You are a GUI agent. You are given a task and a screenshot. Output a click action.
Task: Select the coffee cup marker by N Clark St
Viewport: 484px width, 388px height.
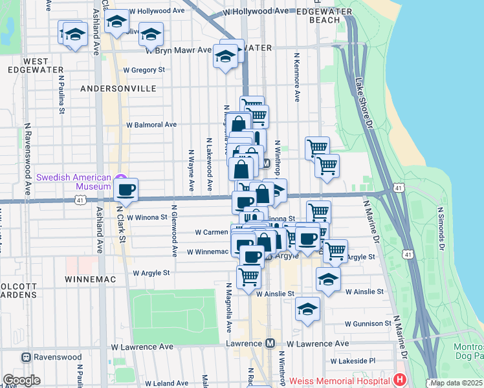pos(126,189)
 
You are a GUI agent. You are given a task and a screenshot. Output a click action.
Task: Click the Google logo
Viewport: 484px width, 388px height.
pos(21,380)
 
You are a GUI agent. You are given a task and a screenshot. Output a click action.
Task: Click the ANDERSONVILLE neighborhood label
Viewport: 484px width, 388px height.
pos(118,88)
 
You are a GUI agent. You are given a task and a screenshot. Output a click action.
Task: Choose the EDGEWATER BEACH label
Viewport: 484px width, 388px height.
pos(325,16)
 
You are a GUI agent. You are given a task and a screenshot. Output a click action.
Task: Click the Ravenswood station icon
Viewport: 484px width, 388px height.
pos(27,357)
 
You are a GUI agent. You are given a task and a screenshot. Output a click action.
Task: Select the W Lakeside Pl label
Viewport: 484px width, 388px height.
pos(353,361)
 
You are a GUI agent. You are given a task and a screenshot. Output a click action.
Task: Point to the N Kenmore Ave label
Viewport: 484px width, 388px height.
pos(296,77)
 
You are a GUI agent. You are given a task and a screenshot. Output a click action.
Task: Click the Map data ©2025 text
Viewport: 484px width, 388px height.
pos(456,383)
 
